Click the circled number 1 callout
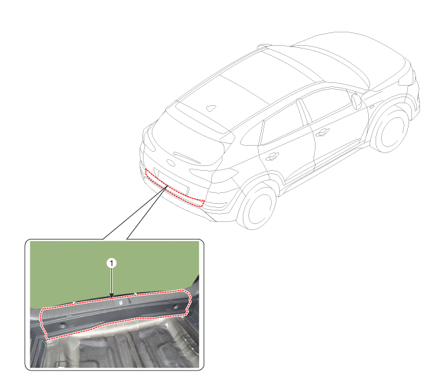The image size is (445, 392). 111,263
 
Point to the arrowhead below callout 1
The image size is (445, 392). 111,296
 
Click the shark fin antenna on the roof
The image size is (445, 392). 211,108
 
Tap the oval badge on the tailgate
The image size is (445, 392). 171,163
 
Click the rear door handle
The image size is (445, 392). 272,157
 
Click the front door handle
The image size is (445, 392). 322,132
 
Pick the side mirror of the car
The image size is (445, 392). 357,101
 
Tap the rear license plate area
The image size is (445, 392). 171,181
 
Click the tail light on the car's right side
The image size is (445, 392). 214,173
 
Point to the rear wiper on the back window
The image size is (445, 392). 187,157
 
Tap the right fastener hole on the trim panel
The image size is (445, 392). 175,307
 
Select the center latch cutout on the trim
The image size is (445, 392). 120,302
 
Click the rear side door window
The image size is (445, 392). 281,124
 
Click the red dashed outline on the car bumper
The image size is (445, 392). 146,173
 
